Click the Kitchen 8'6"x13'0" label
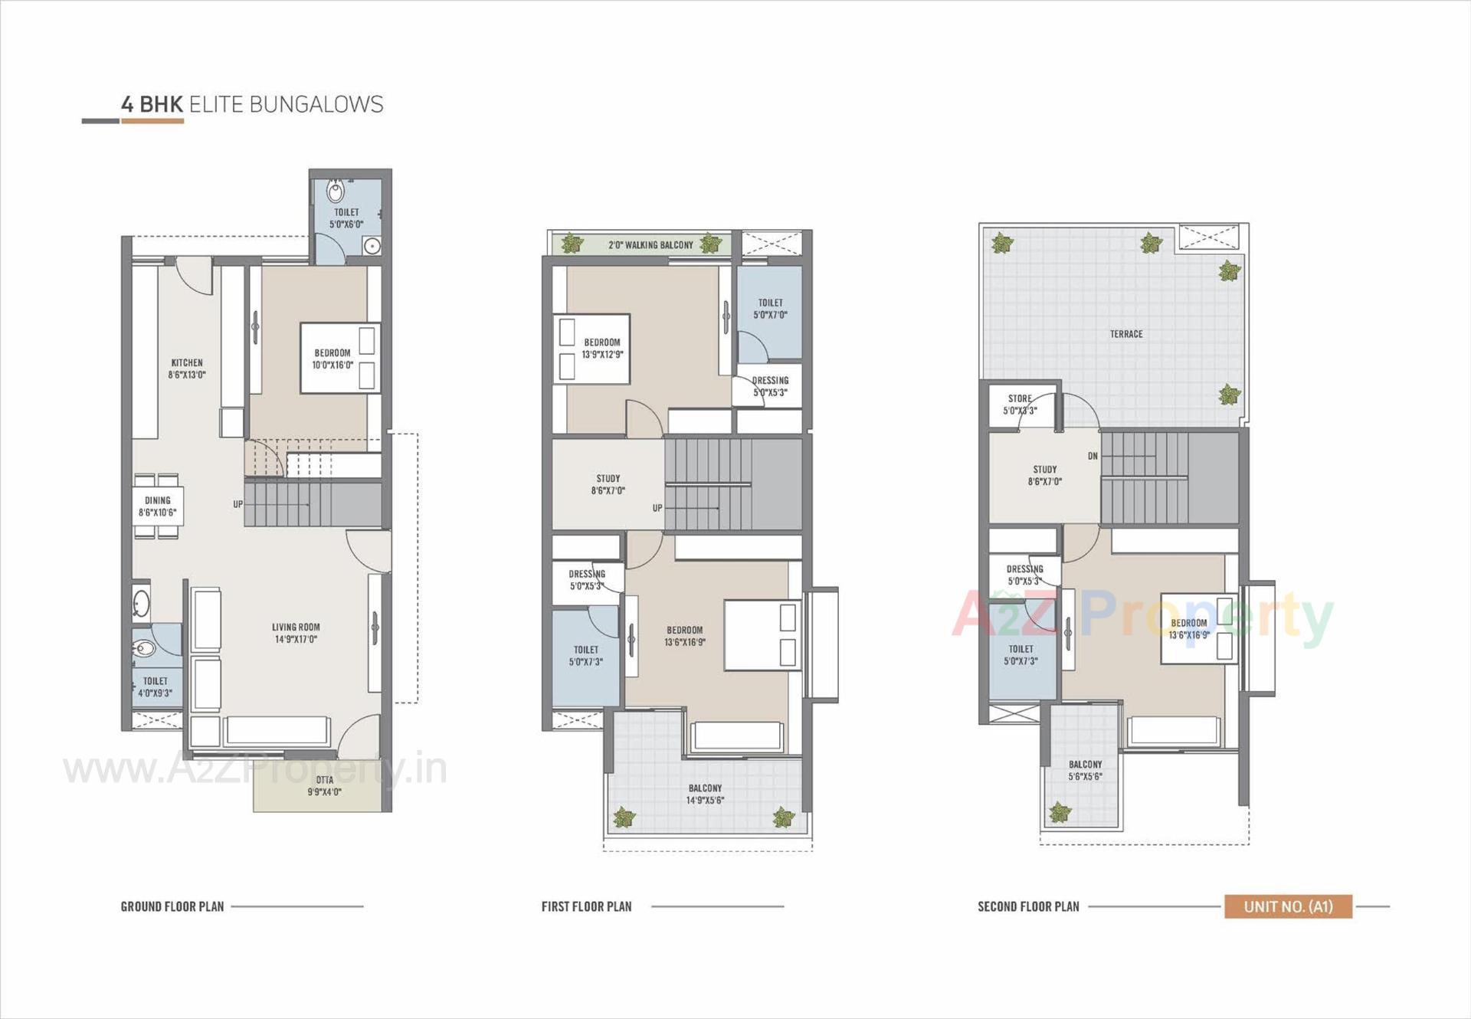pyautogui.click(x=187, y=369)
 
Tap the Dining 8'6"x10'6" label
pyautogui.click(x=157, y=506)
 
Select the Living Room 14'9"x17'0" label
pyautogui.click(x=296, y=633)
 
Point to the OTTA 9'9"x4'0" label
pyautogui.click(x=324, y=786)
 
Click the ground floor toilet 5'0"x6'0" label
pyautogui.click(x=346, y=218)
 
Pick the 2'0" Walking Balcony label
pyautogui.click(x=650, y=245)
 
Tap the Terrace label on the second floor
pyautogui.click(x=1125, y=334)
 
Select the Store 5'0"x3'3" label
pyautogui.click(x=1020, y=405)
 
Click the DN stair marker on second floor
pyautogui.click(x=1093, y=456)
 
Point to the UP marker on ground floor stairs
pyautogui.click(x=238, y=504)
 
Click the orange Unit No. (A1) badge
pyautogui.click(x=1288, y=906)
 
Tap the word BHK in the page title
pyautogui.click(x=161, y=105)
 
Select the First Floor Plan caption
pyautogui.click(x=586, y=906)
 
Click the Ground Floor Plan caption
pyautogui.click(x=172, y=906)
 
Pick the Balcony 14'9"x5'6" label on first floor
pyautogui.click(x=705, y=794)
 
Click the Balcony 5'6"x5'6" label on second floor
pyautogui.click(x=1085, y=770)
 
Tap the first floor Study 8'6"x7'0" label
pyautogui.click(x=608, y=484)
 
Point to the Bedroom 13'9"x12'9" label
pyautogui.click(x=602, y=349)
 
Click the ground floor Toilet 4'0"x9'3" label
pyautogui.click(x=155, y=686)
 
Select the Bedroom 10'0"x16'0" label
pyautogui.click(x=333, y=359)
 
